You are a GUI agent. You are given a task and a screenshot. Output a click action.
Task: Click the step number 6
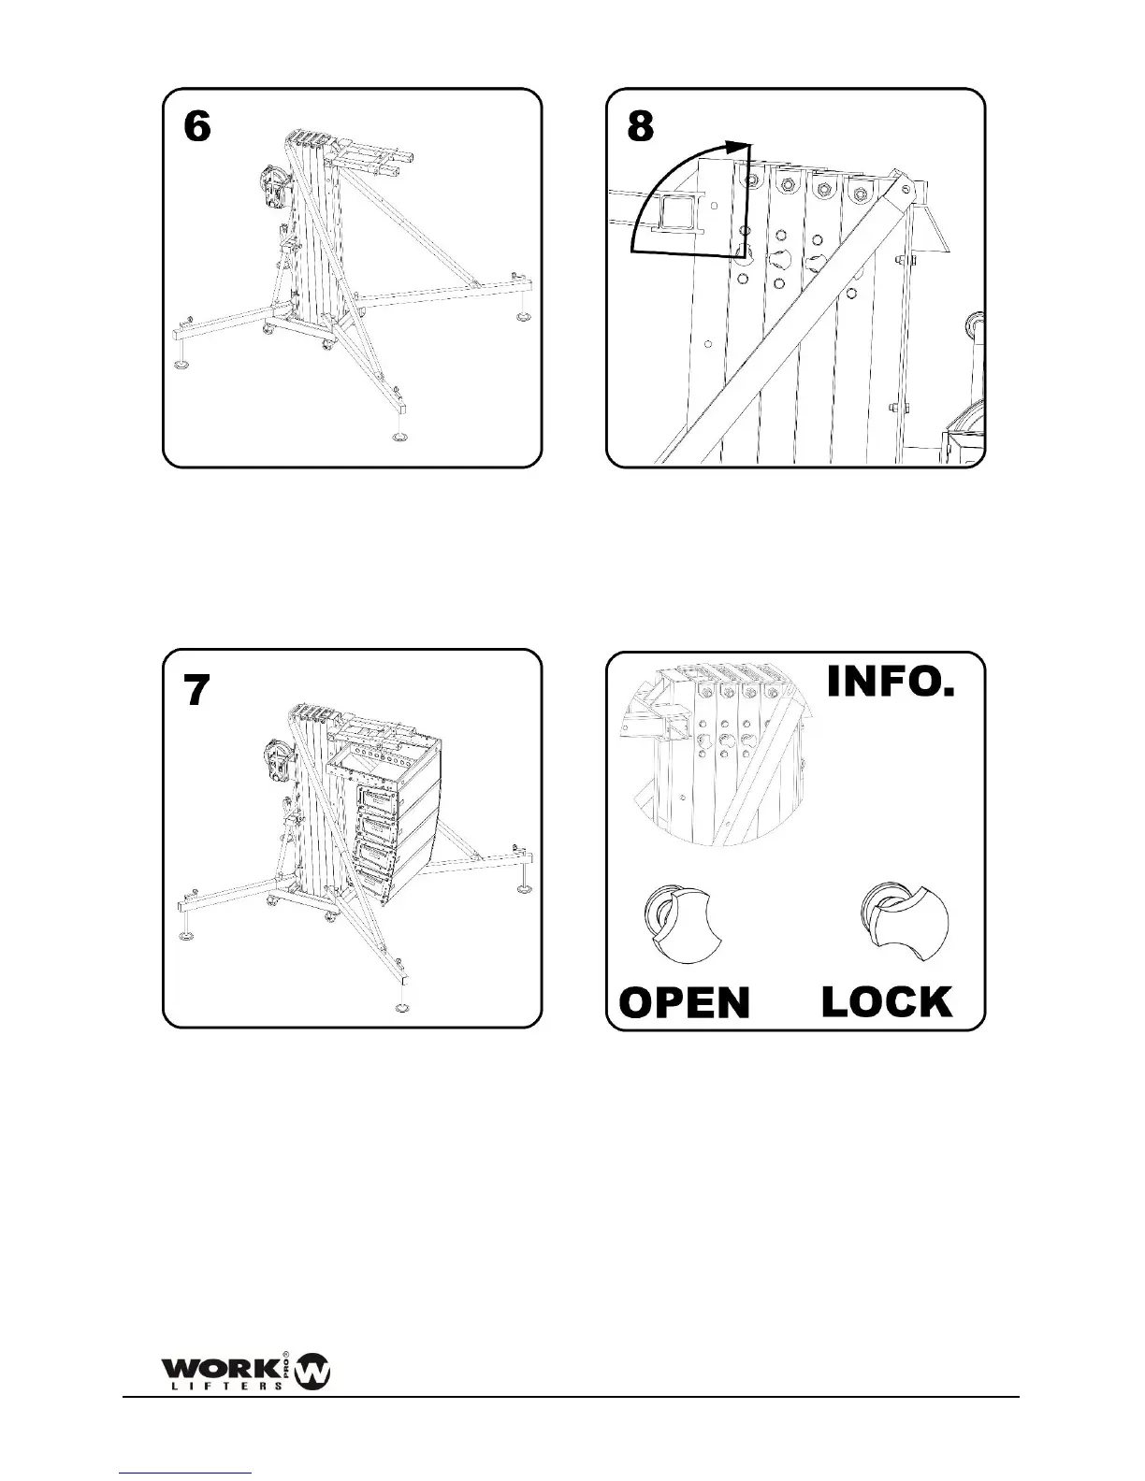pos(197,126)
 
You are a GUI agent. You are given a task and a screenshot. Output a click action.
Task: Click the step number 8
pos(641,126)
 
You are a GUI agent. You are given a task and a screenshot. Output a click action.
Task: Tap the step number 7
pos(196,690)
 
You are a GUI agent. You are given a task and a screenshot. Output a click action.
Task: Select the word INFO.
pos(891,682)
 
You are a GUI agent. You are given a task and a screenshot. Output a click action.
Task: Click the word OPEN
pos(685,1002)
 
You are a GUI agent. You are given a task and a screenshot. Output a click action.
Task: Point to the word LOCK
pos(887,1001)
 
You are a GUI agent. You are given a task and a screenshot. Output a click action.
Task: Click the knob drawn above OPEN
pos(680,924)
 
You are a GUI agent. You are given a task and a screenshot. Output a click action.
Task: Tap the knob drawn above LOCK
pos(904,919)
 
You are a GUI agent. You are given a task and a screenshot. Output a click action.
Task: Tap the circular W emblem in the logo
pos(312,1372)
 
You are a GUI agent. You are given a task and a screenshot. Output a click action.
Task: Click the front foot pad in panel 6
pos(400,438)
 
